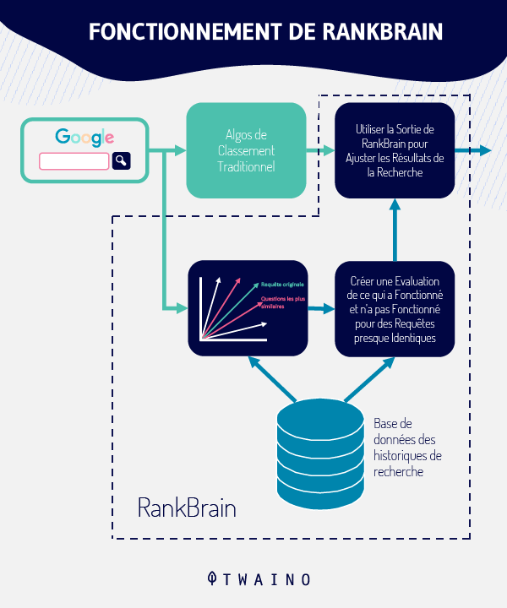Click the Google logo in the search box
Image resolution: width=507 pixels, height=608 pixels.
coord(84,138)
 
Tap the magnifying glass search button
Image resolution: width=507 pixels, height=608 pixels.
coord(122,160)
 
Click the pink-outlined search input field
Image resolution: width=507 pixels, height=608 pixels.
coord(74,161)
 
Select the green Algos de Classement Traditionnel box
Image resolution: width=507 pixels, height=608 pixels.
coord(247,150)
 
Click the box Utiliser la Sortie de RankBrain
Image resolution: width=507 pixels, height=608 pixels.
coord(395,150)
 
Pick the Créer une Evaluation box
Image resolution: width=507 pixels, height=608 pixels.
coord(395,309)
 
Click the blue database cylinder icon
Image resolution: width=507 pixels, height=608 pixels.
coord(320,453)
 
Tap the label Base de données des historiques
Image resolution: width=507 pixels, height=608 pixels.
coord(407,448)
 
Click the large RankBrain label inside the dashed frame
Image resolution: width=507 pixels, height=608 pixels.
coord(187,508)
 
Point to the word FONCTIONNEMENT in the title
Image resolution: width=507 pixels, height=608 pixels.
coord(185,31)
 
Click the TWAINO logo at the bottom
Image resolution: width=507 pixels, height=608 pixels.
coord(259,579)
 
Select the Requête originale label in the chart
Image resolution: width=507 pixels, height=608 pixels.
coord(282,285)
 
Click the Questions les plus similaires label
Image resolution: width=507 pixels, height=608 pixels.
coord(283,302)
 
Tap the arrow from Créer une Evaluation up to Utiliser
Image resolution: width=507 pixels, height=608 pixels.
coord(395,230)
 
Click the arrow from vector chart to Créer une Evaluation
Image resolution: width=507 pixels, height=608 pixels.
coord(321,309)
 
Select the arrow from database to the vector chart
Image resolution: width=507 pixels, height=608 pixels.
coord(272,379)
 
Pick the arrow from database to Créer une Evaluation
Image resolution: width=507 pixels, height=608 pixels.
coord(369,379)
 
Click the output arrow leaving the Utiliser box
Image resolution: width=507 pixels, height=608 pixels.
coord(473,150)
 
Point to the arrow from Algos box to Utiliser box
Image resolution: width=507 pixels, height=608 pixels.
coord(320,150)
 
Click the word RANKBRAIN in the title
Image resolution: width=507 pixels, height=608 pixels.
coord(383,31)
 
